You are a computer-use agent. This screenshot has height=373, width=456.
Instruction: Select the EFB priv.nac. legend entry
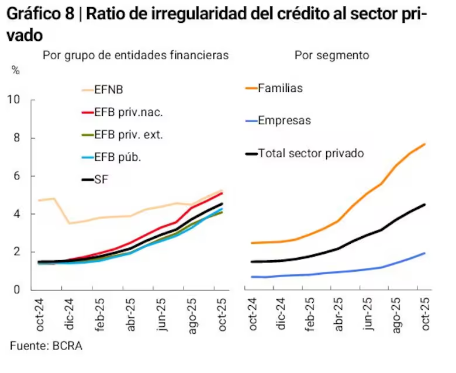pos(128,112)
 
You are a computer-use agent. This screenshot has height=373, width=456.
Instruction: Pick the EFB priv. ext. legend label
pos(128,134)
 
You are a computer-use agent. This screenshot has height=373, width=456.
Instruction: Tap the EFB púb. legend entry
pos(118,157)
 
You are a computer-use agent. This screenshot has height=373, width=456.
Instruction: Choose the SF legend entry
pos(102,179)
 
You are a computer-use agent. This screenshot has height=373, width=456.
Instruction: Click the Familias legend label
pos(280,88)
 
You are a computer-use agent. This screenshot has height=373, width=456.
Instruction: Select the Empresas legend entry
pos(284,121)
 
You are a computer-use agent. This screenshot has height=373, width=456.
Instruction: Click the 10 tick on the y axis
pos(13,100)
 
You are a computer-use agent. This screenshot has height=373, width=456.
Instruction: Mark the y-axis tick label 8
pos(17,138)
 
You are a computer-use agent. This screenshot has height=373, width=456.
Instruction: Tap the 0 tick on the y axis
pos(17,290)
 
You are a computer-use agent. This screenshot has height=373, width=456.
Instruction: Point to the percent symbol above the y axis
pos(15,70)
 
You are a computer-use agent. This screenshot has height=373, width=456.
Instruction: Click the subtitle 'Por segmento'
pos(331,55)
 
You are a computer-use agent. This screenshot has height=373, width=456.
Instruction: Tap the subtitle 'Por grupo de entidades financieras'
pos(135,55)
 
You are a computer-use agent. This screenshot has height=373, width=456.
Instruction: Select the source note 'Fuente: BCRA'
pos(46,346)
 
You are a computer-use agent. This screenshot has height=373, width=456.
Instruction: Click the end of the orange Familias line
pos(424,144)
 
